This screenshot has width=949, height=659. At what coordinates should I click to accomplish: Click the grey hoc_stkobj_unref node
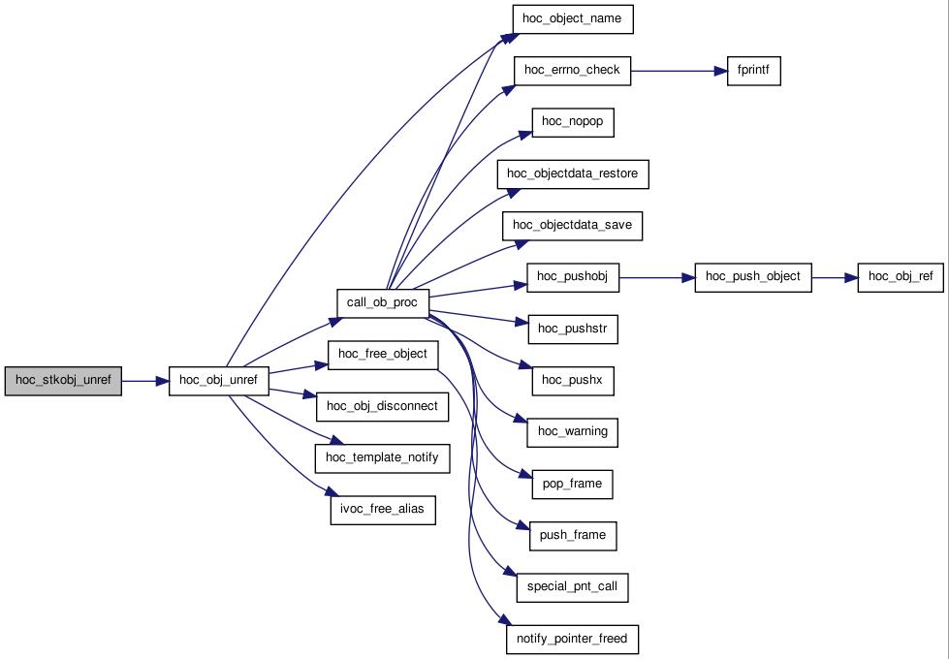pos(63,381)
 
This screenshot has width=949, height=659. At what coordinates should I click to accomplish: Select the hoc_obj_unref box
pos(218,381)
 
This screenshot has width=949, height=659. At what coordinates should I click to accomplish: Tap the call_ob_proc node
pos(383,303)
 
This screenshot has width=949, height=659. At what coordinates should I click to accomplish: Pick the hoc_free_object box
pos(383,355)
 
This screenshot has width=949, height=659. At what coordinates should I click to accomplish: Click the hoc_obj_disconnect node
pos(383,407)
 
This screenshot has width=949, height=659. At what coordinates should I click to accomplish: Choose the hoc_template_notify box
pos(383,458)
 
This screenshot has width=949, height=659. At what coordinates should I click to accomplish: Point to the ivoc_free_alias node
pos(383,510)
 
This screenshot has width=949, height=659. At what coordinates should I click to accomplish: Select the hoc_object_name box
pos(573,19)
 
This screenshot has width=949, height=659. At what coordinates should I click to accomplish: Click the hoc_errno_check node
pos(573,71)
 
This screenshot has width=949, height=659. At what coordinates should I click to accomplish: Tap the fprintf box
pos(753,71)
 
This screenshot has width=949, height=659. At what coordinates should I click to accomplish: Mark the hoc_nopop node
pos(573,122)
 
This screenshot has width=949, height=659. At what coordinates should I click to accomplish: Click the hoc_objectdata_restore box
pos(573,174)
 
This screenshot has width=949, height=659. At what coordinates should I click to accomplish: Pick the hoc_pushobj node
pos(573,277)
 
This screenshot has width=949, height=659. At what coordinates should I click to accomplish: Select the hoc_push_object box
pos(753,277)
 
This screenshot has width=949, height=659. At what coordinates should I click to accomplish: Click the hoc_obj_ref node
pos(901,277)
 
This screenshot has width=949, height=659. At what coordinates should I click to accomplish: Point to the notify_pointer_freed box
pos(573,639)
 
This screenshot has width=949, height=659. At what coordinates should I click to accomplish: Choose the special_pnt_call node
pos(573,587)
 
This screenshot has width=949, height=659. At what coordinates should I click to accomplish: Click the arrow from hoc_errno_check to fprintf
pos(679,71)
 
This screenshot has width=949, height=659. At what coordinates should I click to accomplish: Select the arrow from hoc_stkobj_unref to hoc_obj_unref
pos(145,381)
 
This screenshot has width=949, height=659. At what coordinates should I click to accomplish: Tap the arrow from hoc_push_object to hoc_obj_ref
pos(835,278)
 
